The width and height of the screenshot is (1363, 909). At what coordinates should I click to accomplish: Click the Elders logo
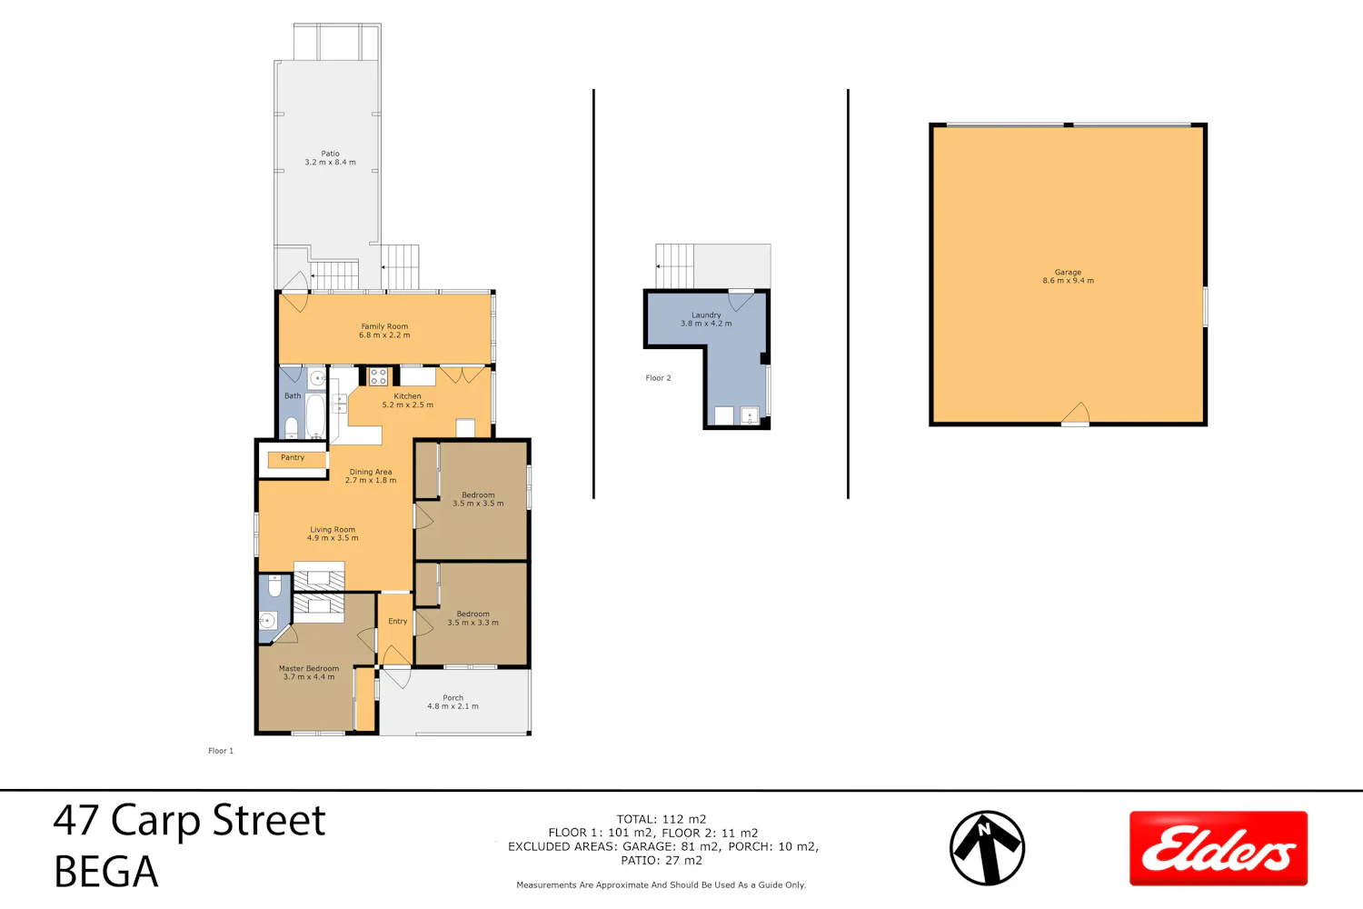pos(1219,848)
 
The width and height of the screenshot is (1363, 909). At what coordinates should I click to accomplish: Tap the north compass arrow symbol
pos(987,847)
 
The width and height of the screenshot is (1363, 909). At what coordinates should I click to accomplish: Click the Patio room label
pos(331,157)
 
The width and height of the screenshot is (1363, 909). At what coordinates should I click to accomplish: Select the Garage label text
pos(1068,276)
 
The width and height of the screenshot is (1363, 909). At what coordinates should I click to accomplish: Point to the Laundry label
pos(706,319)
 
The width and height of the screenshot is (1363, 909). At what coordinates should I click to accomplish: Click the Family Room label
pos(384,331)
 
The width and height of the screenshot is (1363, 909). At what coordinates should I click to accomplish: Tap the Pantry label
pos(293,457)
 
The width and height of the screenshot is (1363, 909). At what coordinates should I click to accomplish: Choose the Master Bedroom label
pos(309,672)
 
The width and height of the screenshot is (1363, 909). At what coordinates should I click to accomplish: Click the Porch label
pos(453,702)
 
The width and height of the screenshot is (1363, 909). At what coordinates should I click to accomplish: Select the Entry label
pos(397,621)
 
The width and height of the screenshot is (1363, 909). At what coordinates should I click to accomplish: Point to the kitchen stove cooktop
pos(378,376)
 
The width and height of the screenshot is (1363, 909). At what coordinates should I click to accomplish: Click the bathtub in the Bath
pos(315,416)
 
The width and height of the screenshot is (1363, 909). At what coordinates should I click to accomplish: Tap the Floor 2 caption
pos(658,378)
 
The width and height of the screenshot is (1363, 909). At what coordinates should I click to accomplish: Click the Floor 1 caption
pos(220,751)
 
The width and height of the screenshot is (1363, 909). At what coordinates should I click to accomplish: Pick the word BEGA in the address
pos(106,872)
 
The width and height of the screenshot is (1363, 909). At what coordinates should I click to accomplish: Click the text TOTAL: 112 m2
pos(662,819)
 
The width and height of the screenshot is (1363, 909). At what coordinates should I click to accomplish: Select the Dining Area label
pos(371,476)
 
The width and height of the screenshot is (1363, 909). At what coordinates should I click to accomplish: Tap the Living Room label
pos(333,534)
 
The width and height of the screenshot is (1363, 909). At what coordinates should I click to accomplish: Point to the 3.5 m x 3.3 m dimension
pos(473,623)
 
